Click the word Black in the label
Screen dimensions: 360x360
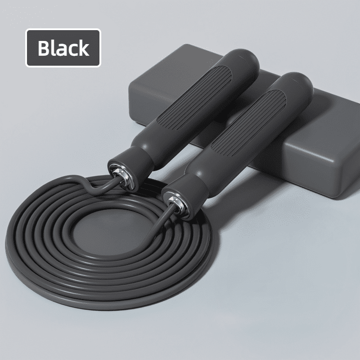click(x=63, y=48)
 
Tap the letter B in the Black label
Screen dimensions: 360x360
click(x=44, y=48)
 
